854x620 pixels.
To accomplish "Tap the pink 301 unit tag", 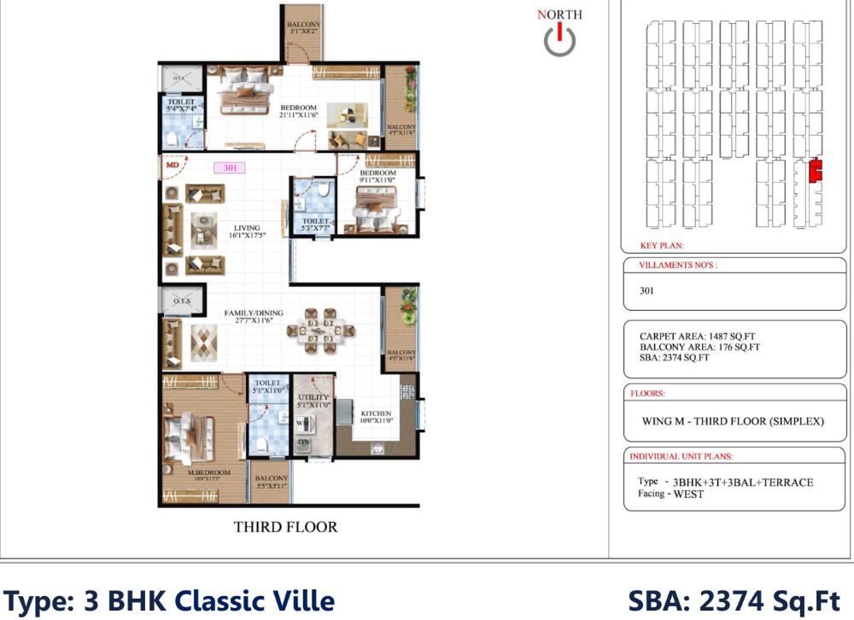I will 230,168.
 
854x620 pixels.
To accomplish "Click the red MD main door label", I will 173,164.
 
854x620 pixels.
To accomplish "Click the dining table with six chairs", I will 325,331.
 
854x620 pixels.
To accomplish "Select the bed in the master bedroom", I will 192,433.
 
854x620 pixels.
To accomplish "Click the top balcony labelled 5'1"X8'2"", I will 303,31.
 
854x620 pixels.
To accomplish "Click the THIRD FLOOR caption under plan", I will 285,527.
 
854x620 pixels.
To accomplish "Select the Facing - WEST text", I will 670,494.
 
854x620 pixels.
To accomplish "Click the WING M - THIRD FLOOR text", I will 732,422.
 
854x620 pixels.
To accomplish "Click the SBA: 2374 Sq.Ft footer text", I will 734,600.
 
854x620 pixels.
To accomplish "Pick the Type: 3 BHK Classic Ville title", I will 170,600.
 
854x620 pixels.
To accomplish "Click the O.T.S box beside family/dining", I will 181,301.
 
